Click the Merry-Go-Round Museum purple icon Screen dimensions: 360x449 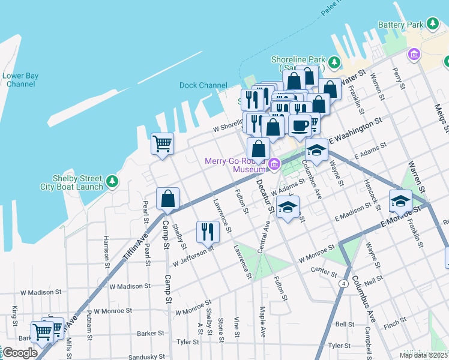tap(274, 164)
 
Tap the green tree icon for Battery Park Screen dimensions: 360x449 tap(432, 24)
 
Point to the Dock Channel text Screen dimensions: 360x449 tap(203, 85)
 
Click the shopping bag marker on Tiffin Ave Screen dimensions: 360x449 tap(168, 199)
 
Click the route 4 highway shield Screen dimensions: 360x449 tap(343, 283)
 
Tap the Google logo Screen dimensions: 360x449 tap(20, 353)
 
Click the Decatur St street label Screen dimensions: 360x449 tap(265, 196)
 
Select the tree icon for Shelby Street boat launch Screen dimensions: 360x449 tap(112, 181)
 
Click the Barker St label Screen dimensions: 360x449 tap(151, 333)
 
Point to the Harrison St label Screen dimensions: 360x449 tap(106, 251)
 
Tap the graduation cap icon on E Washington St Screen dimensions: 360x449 tap(316, 150)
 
